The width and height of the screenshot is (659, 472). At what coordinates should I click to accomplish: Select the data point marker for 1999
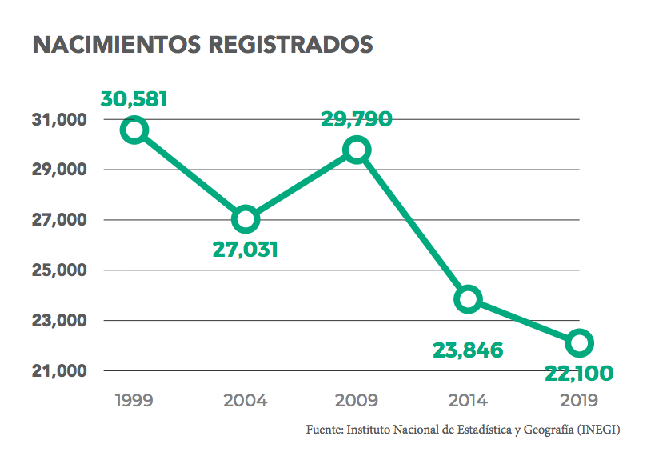[134, 130]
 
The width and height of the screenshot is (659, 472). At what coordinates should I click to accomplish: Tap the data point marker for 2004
[246, 218]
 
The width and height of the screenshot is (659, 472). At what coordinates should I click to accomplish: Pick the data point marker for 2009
[357, 150]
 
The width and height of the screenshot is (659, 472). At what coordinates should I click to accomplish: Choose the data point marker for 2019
[579, 343]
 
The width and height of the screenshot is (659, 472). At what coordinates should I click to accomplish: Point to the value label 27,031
[246, 250]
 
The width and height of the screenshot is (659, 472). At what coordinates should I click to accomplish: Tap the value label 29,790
[357, 119]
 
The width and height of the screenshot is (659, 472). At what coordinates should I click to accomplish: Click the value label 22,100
[579, 373]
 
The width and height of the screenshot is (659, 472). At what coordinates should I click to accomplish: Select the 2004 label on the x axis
[246, 401]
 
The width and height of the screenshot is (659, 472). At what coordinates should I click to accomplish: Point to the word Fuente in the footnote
[324, 430]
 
